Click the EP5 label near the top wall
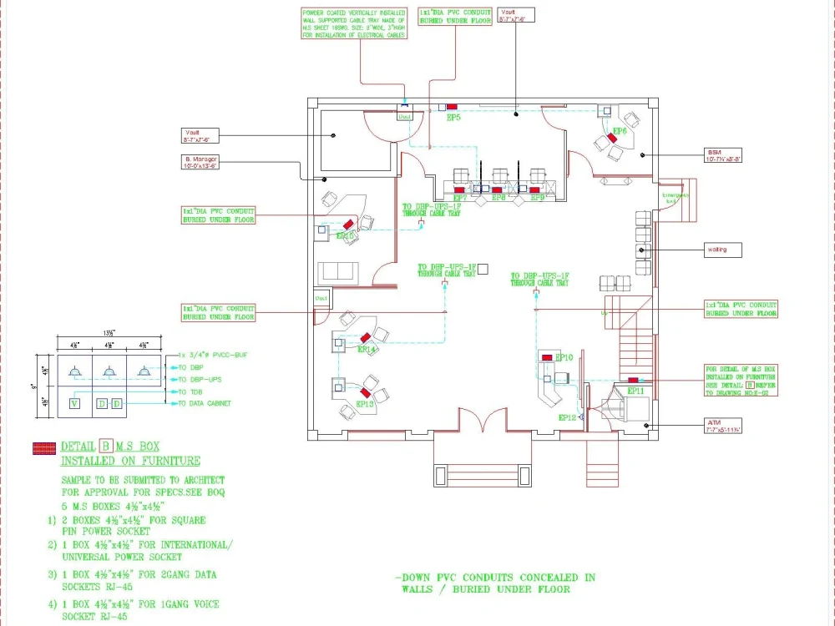tap(453, 118)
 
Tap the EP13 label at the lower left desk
tap(364, 404)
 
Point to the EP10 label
tap(564, 356)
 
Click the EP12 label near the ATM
tap(567, 416)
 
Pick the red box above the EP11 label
tap(634, 381)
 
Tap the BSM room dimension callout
tap(723, 155)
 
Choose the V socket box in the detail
tap(73, 404)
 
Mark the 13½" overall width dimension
tap(109, 332)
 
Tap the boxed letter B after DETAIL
tap(106, 446)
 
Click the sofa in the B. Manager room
tap(338, 270)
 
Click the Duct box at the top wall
tap(404, 117)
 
